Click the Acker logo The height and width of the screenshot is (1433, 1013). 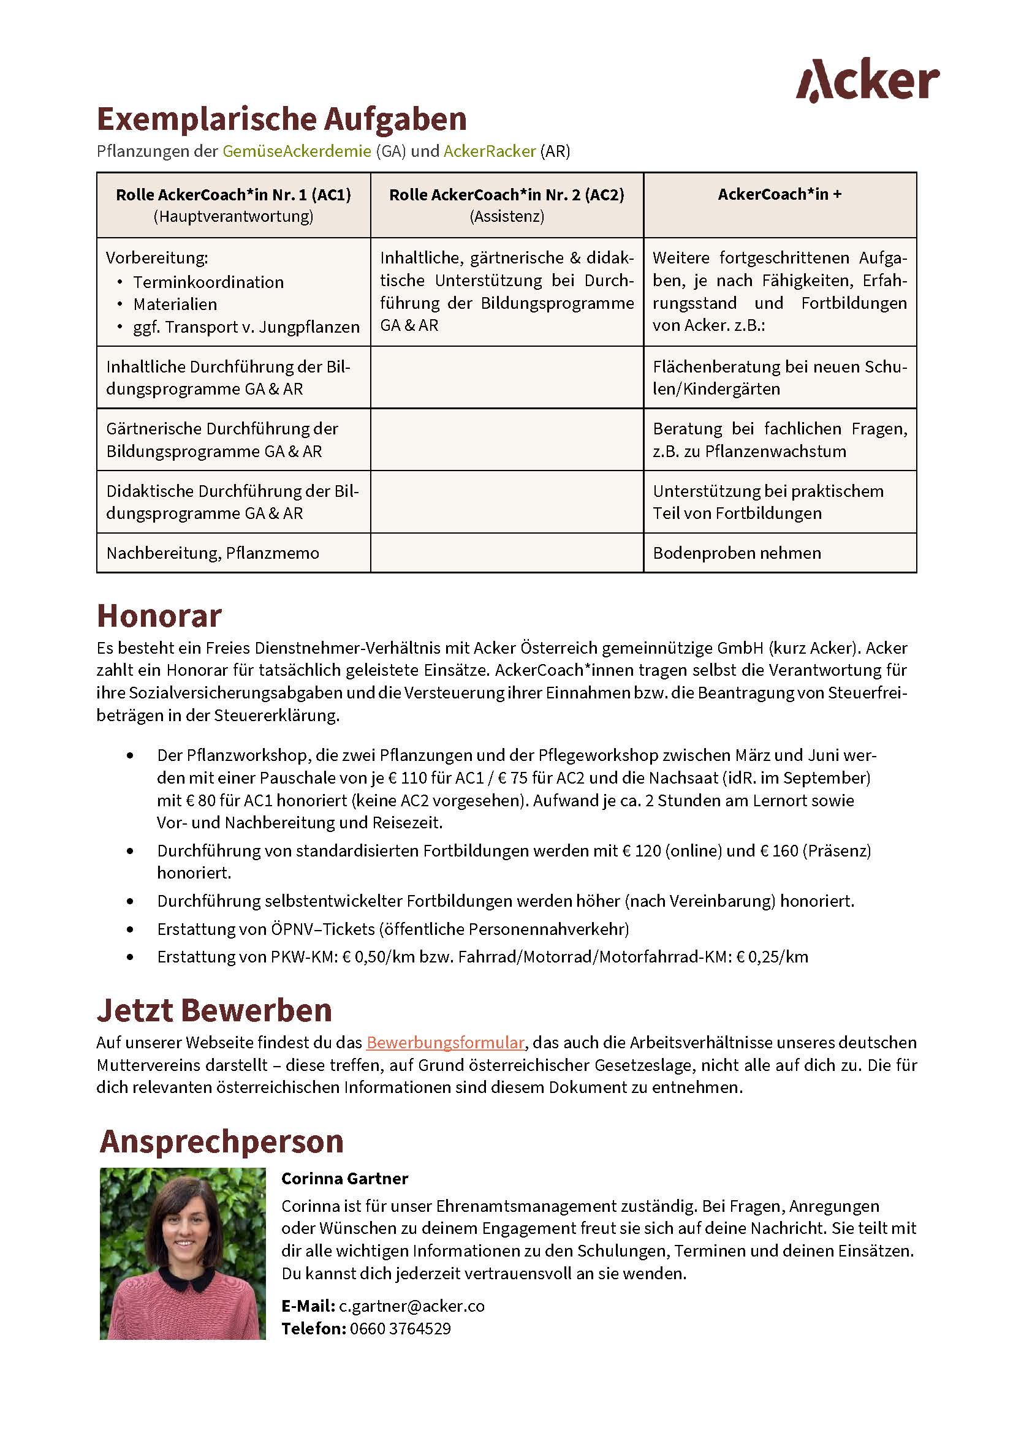click(867, 80)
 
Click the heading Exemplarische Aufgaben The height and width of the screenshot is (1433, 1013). click(281, 119)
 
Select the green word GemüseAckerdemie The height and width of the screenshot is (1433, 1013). click(297, 151)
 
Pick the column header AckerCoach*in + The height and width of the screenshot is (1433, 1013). click(780, 194)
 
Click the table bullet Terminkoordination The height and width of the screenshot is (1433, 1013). click(208, 282)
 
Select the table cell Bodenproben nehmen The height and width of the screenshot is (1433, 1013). click(737, 553)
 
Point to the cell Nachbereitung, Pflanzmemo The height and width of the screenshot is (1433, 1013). click(212, 553)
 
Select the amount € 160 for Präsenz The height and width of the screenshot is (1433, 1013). click(778, 851)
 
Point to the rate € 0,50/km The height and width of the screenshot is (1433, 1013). click(378, 957)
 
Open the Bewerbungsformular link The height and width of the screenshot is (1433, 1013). click(445, 1042)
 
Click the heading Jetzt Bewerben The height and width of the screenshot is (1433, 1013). click(214, 1010)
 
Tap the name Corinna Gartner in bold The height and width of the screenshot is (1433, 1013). click(344, 1179)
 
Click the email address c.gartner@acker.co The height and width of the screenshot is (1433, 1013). click(411, 1306)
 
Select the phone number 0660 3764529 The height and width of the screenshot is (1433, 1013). click(400, 1329)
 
